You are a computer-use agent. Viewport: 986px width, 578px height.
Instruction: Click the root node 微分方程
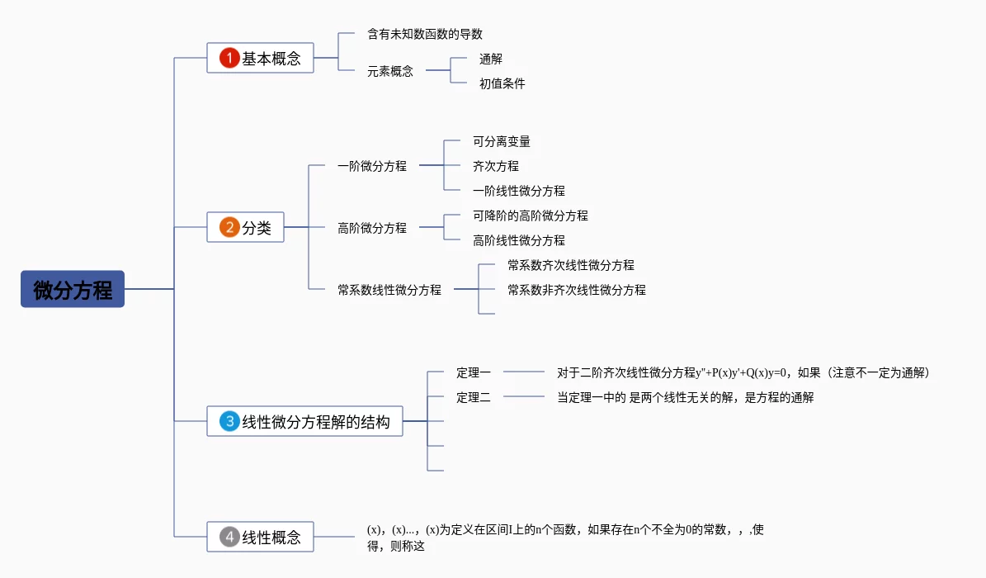coord(73,289)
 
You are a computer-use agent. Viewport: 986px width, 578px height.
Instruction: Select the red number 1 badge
coord(229,58)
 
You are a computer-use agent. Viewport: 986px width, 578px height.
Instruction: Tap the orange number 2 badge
coord(229,227)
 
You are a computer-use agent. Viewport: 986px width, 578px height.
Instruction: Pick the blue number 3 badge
coord(229,421)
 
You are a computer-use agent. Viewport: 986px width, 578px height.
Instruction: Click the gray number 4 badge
coord(229,537)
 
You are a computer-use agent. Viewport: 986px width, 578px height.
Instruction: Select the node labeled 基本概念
coord(271,59)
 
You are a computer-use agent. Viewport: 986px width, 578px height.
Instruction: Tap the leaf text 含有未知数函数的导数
coord(425,35)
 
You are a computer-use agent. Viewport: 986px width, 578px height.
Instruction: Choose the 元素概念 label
coord(390,71)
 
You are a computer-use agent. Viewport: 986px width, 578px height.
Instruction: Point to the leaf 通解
coord(491,59)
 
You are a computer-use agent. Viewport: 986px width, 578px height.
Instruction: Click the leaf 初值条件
coord(502,83)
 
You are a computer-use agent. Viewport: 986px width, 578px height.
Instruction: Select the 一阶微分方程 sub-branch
coord(372,166)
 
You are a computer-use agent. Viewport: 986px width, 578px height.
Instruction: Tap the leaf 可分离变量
coord(502,141)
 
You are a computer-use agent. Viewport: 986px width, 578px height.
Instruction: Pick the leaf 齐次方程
coord(496,166)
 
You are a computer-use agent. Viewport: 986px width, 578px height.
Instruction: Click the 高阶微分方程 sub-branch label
coord(372,228)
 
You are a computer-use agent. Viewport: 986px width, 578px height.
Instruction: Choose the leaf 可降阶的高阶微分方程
coord(531,216)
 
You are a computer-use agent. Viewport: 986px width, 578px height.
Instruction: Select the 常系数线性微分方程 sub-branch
coord(389,290)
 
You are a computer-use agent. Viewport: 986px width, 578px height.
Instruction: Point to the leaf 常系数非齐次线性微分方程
coord(577,290)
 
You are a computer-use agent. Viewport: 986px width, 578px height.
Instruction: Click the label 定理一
coord(474,372)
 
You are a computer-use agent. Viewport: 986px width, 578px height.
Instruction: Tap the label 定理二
coord(474,397)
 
